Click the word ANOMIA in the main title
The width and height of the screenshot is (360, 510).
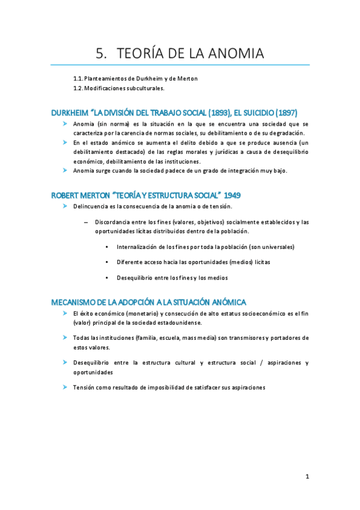coord(233,54)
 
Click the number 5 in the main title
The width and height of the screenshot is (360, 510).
coord(100,54)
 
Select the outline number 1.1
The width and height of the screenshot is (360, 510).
coord(78,79)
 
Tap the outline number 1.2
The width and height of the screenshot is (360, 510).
coord(78,88)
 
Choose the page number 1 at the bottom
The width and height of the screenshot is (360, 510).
coord(307,477)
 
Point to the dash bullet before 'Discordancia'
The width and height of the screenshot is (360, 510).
coord(87,222)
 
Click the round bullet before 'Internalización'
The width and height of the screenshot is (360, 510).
coord(106,247)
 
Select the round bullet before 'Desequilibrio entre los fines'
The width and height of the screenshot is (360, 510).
coord(106,277)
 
